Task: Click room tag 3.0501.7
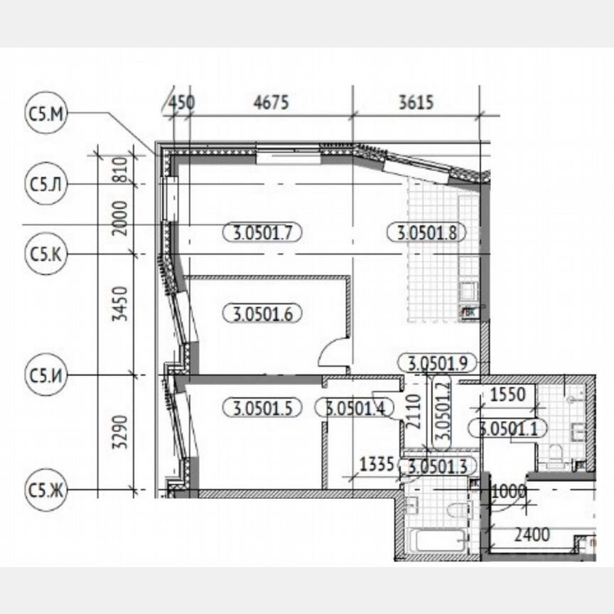[x=262, y=231]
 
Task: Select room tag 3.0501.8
[x=426, y=231]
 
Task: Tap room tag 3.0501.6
[x=262, y=313]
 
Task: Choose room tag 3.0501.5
[x=262, y=408]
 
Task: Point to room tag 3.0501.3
[x=438, y=466]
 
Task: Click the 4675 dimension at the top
[x=271, y=102]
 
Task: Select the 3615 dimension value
[x=416, y=102]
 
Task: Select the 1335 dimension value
[x=377, y=465]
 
